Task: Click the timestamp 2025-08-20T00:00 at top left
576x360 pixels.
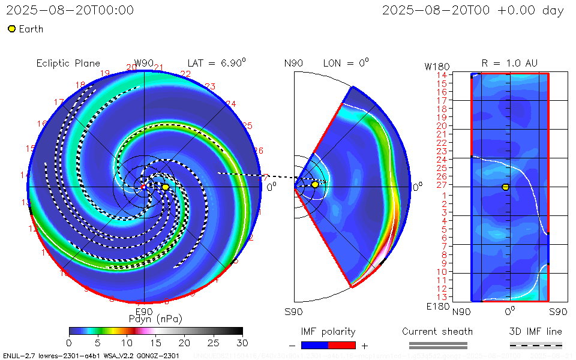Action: pos(70,11)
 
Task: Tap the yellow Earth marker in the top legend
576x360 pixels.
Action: pos(11,29)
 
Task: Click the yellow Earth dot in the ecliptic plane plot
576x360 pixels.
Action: pos(166,187)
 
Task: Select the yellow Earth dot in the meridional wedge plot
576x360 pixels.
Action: pos(315,185)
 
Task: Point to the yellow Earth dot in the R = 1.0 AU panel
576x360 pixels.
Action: pos(505,187)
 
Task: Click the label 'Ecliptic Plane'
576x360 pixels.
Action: pos(68,64)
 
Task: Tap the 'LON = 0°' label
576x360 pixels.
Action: pos(346,63)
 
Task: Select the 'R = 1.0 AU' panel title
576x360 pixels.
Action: pos(509,63)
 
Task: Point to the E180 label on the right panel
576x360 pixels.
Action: pos(436,307)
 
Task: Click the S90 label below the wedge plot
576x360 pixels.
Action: pos(293,311)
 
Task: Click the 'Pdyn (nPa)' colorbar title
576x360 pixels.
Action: pos(155,318)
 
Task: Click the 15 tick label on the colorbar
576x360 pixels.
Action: pos(155,342)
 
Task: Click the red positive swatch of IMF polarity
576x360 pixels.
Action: pos(342,345)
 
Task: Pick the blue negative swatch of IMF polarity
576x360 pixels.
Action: pos(314,345)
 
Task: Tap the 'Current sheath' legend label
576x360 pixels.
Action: pos(437,332)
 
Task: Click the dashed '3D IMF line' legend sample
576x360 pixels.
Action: pos(536,345)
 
